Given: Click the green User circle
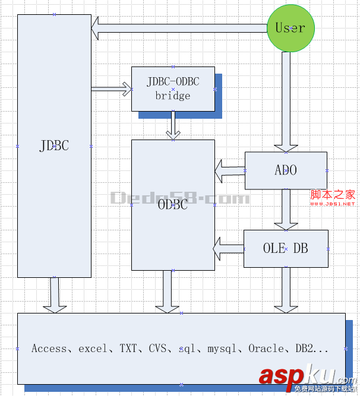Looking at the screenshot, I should tap(290, 28).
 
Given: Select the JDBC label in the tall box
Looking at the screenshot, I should tap(54, 146).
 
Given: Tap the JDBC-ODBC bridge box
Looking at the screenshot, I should tap(173, 89).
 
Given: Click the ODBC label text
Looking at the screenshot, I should tap(173, 205).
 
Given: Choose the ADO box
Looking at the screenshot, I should tap(286, 170).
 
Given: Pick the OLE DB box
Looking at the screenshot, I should tap(286, 248).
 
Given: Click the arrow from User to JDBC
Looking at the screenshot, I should tap(178, 27).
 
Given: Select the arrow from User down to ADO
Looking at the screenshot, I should tap(286, 101).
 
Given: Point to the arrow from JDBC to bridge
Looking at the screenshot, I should tap(112, 89).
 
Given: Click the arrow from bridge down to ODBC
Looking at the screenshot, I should tap(173, 125).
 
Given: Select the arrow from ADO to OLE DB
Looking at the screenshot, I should tap(286, 210).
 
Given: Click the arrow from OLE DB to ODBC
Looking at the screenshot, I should tap(229, 248).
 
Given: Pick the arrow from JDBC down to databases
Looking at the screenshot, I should tap(55, 294).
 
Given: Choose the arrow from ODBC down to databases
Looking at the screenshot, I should tap(167, 292).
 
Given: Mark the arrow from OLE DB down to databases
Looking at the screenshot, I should tap(286, 290).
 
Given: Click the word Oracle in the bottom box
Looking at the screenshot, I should tap(266, 349).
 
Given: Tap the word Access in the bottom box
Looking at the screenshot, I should tap(49, 349).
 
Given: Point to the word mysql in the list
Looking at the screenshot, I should tap(222, 349).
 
